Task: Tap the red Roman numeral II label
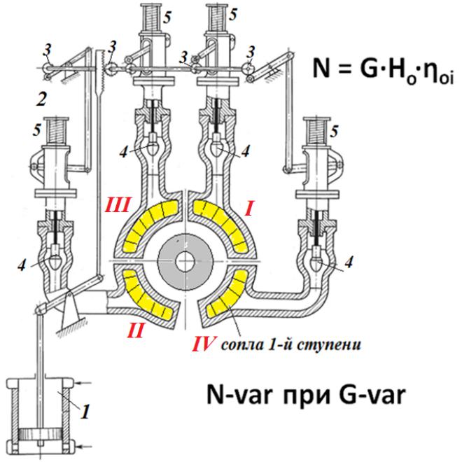coord(136,328)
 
